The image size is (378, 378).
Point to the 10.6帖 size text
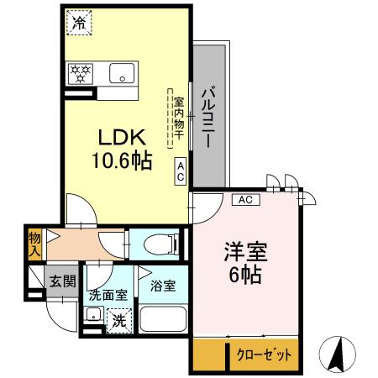122,160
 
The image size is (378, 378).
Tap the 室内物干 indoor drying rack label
178,113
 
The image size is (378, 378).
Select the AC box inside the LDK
181,171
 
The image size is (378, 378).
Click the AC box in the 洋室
245,199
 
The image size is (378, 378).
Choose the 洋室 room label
243,251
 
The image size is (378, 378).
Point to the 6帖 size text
243,274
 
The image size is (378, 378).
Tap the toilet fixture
160,244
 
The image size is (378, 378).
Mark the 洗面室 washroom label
107,296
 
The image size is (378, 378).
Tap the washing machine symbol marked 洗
118,320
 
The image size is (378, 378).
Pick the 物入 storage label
34,244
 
